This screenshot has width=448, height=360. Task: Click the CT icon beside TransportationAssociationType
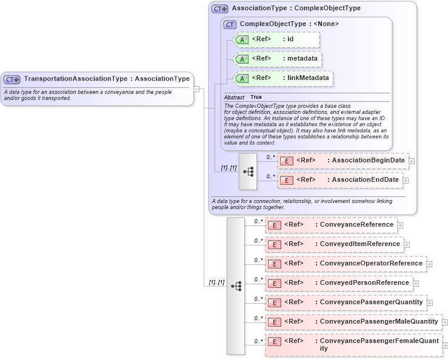[x=12, y=79]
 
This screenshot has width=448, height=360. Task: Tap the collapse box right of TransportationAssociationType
[x=196, y=89]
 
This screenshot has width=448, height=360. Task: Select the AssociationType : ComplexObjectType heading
[x=296, y=8]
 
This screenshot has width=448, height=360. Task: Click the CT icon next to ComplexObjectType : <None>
[x=230, y=24]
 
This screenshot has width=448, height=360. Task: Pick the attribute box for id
[x=276, y=40]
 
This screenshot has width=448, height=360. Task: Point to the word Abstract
[x=234, y=98]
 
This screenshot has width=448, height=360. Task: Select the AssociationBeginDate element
[x=343, y=161]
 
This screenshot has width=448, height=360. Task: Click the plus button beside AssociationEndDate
[x=406, y=180]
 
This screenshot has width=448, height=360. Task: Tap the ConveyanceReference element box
[x=331, y=225]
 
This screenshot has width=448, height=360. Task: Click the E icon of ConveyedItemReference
[x=274, y=244]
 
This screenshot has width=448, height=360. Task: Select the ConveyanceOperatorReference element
[x=345, y=264]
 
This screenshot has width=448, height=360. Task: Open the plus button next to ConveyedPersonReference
[x=416, y=283]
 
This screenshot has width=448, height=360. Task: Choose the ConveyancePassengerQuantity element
[x=345, y=302]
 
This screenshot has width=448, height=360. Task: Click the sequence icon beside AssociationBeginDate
[x=248, y=172]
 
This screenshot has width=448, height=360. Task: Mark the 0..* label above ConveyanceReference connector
[x=258, y=221]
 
